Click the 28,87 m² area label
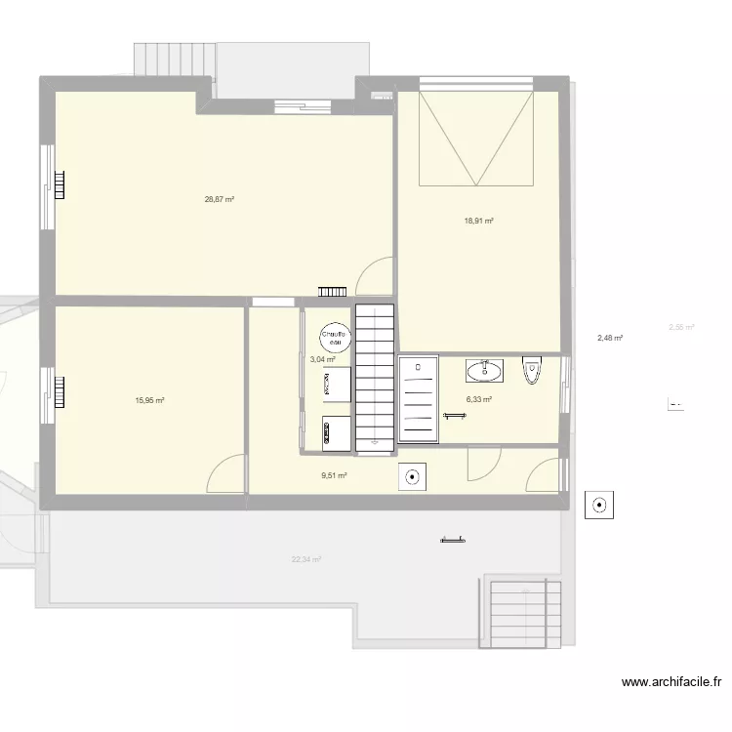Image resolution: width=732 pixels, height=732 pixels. coord(219,199)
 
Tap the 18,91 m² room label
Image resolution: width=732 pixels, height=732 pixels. coord(478,221)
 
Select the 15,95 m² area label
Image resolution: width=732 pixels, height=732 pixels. coord(149,400)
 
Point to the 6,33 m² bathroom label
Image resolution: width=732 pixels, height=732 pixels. coord(478,399)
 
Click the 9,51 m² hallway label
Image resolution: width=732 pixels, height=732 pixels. coord(334,475)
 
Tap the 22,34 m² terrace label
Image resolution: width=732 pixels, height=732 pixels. coord(305,559)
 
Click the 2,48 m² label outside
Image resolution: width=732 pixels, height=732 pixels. coord(610,339)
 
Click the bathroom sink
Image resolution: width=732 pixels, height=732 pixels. coord(484,370)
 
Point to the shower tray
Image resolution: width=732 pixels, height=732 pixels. coord(418,399)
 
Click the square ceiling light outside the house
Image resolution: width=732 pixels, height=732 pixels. coord(598,506)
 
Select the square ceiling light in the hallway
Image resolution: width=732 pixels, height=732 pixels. coord(412,477)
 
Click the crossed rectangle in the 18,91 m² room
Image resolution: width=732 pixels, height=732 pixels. coord(477,139)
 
